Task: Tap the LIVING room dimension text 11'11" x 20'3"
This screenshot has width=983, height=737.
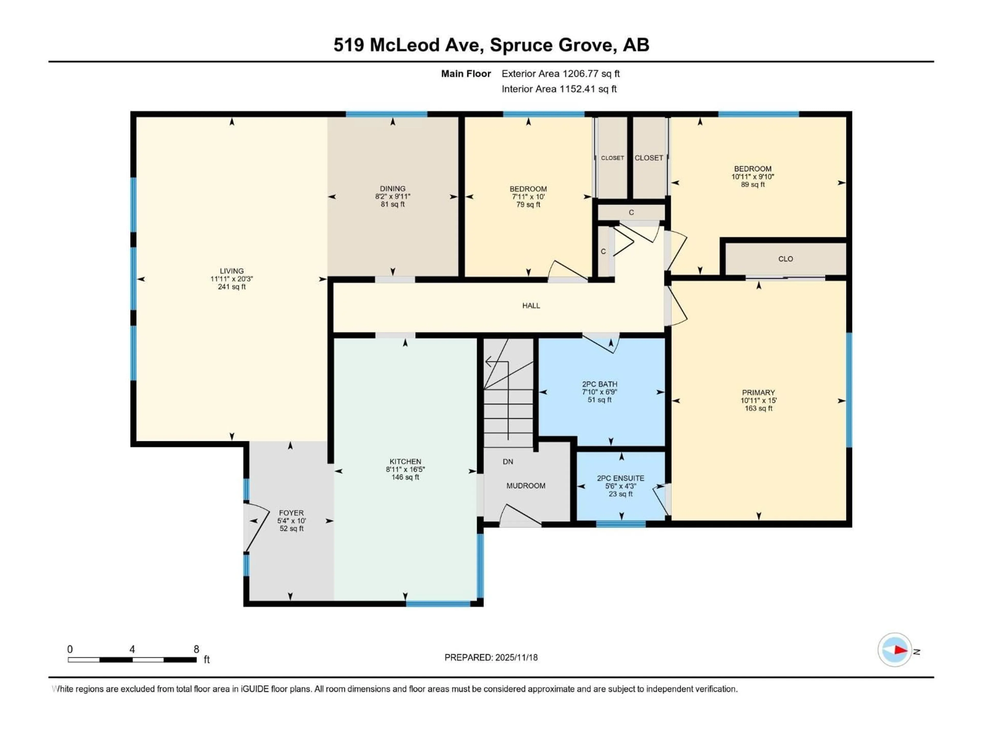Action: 231,279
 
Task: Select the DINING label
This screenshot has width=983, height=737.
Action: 392,188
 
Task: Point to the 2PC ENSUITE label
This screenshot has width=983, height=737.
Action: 620,478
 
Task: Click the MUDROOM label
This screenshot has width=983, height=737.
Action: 526,485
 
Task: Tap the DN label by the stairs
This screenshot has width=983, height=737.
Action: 508,462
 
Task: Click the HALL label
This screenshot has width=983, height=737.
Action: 531,306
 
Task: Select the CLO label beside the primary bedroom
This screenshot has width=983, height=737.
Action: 785,259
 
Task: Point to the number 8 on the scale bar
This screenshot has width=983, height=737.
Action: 196,649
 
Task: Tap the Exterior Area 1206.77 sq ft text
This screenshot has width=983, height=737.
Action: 560,74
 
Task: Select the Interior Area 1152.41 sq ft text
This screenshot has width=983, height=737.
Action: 559,89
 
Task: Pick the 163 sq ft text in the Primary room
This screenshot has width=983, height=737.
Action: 758,408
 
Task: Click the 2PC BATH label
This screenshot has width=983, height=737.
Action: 600,384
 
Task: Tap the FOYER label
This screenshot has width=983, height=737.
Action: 291,513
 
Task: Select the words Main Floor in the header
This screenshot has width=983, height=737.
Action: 466,74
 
